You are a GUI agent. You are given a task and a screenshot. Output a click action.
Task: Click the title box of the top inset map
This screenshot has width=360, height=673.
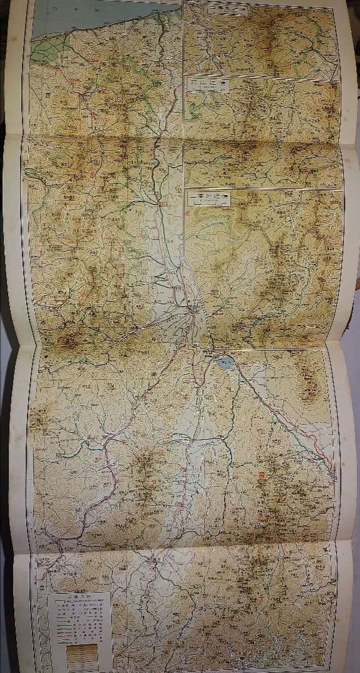click(x=228, y=11)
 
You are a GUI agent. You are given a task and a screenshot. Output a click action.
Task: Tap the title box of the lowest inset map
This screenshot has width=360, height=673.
click(x=210, y=198)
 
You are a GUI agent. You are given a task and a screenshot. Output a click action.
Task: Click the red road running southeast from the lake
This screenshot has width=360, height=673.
click(x=281, y=412)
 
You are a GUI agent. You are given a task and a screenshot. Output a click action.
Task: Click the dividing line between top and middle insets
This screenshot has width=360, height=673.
click(x=262, y=75)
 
